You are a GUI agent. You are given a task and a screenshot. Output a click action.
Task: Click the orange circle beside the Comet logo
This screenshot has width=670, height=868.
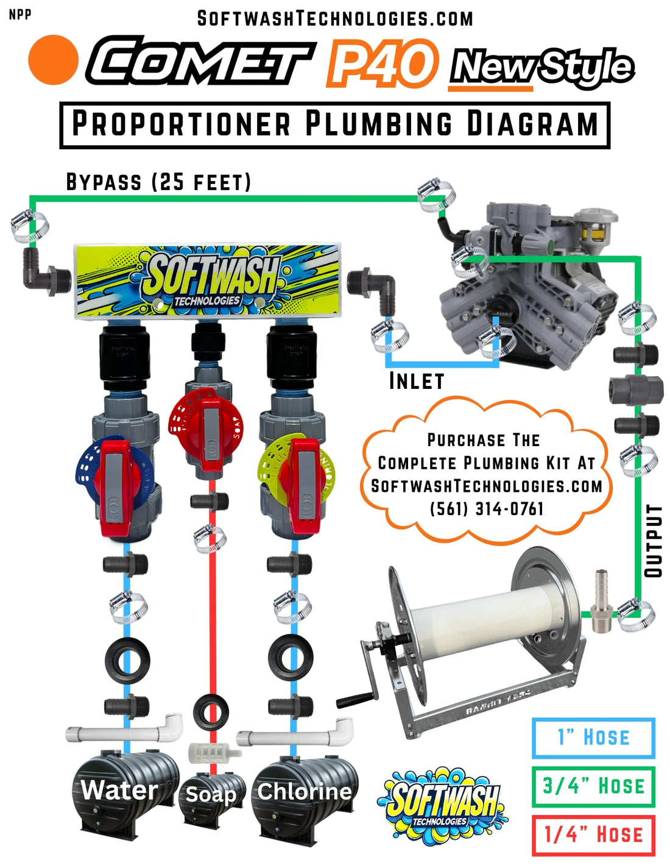click(x=54, y=59)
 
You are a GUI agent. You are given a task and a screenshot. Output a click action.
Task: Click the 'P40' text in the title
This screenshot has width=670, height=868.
click(x=382, y=63)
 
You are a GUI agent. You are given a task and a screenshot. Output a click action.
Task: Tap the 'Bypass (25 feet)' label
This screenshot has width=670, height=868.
click(x=158, y=182)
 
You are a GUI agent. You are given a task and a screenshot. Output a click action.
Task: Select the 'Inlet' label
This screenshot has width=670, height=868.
click(x=417, y=381)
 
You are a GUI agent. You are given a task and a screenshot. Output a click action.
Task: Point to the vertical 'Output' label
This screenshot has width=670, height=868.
click(x=653, y=540)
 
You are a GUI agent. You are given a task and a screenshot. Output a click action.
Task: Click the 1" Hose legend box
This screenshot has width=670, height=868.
click(x=593, y=738)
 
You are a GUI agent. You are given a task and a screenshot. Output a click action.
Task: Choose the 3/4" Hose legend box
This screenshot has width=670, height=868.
click(x=593, y=786)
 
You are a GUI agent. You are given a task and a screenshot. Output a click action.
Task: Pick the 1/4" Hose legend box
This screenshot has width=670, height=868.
click(x=593, y=834)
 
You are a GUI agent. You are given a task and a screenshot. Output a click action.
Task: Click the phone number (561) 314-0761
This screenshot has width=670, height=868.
click(x=487, y=508)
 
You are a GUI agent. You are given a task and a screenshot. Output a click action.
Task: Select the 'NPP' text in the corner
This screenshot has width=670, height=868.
click(x=20, y=14)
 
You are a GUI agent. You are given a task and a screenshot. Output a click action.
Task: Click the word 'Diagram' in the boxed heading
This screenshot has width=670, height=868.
click(x=532, y=124)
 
